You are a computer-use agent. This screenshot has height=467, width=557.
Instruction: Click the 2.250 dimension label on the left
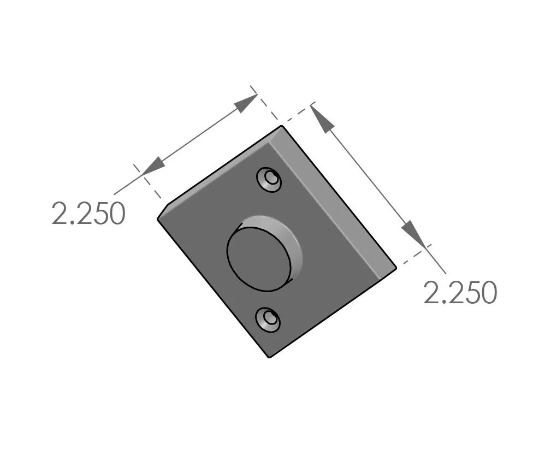click(x=88, y=214)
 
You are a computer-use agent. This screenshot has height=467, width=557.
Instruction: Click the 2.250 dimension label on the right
click(x=460, y=293)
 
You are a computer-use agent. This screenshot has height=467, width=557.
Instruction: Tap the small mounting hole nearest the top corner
click(x=270, y=179)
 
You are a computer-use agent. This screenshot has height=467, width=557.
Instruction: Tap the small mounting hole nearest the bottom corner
click(x=269, y=318)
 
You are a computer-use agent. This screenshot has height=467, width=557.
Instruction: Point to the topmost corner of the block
click(x=282, y=126)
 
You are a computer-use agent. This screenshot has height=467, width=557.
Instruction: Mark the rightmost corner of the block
click(x=396, y=267)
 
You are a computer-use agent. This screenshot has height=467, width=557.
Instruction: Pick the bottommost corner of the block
click(x=270, y=357)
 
